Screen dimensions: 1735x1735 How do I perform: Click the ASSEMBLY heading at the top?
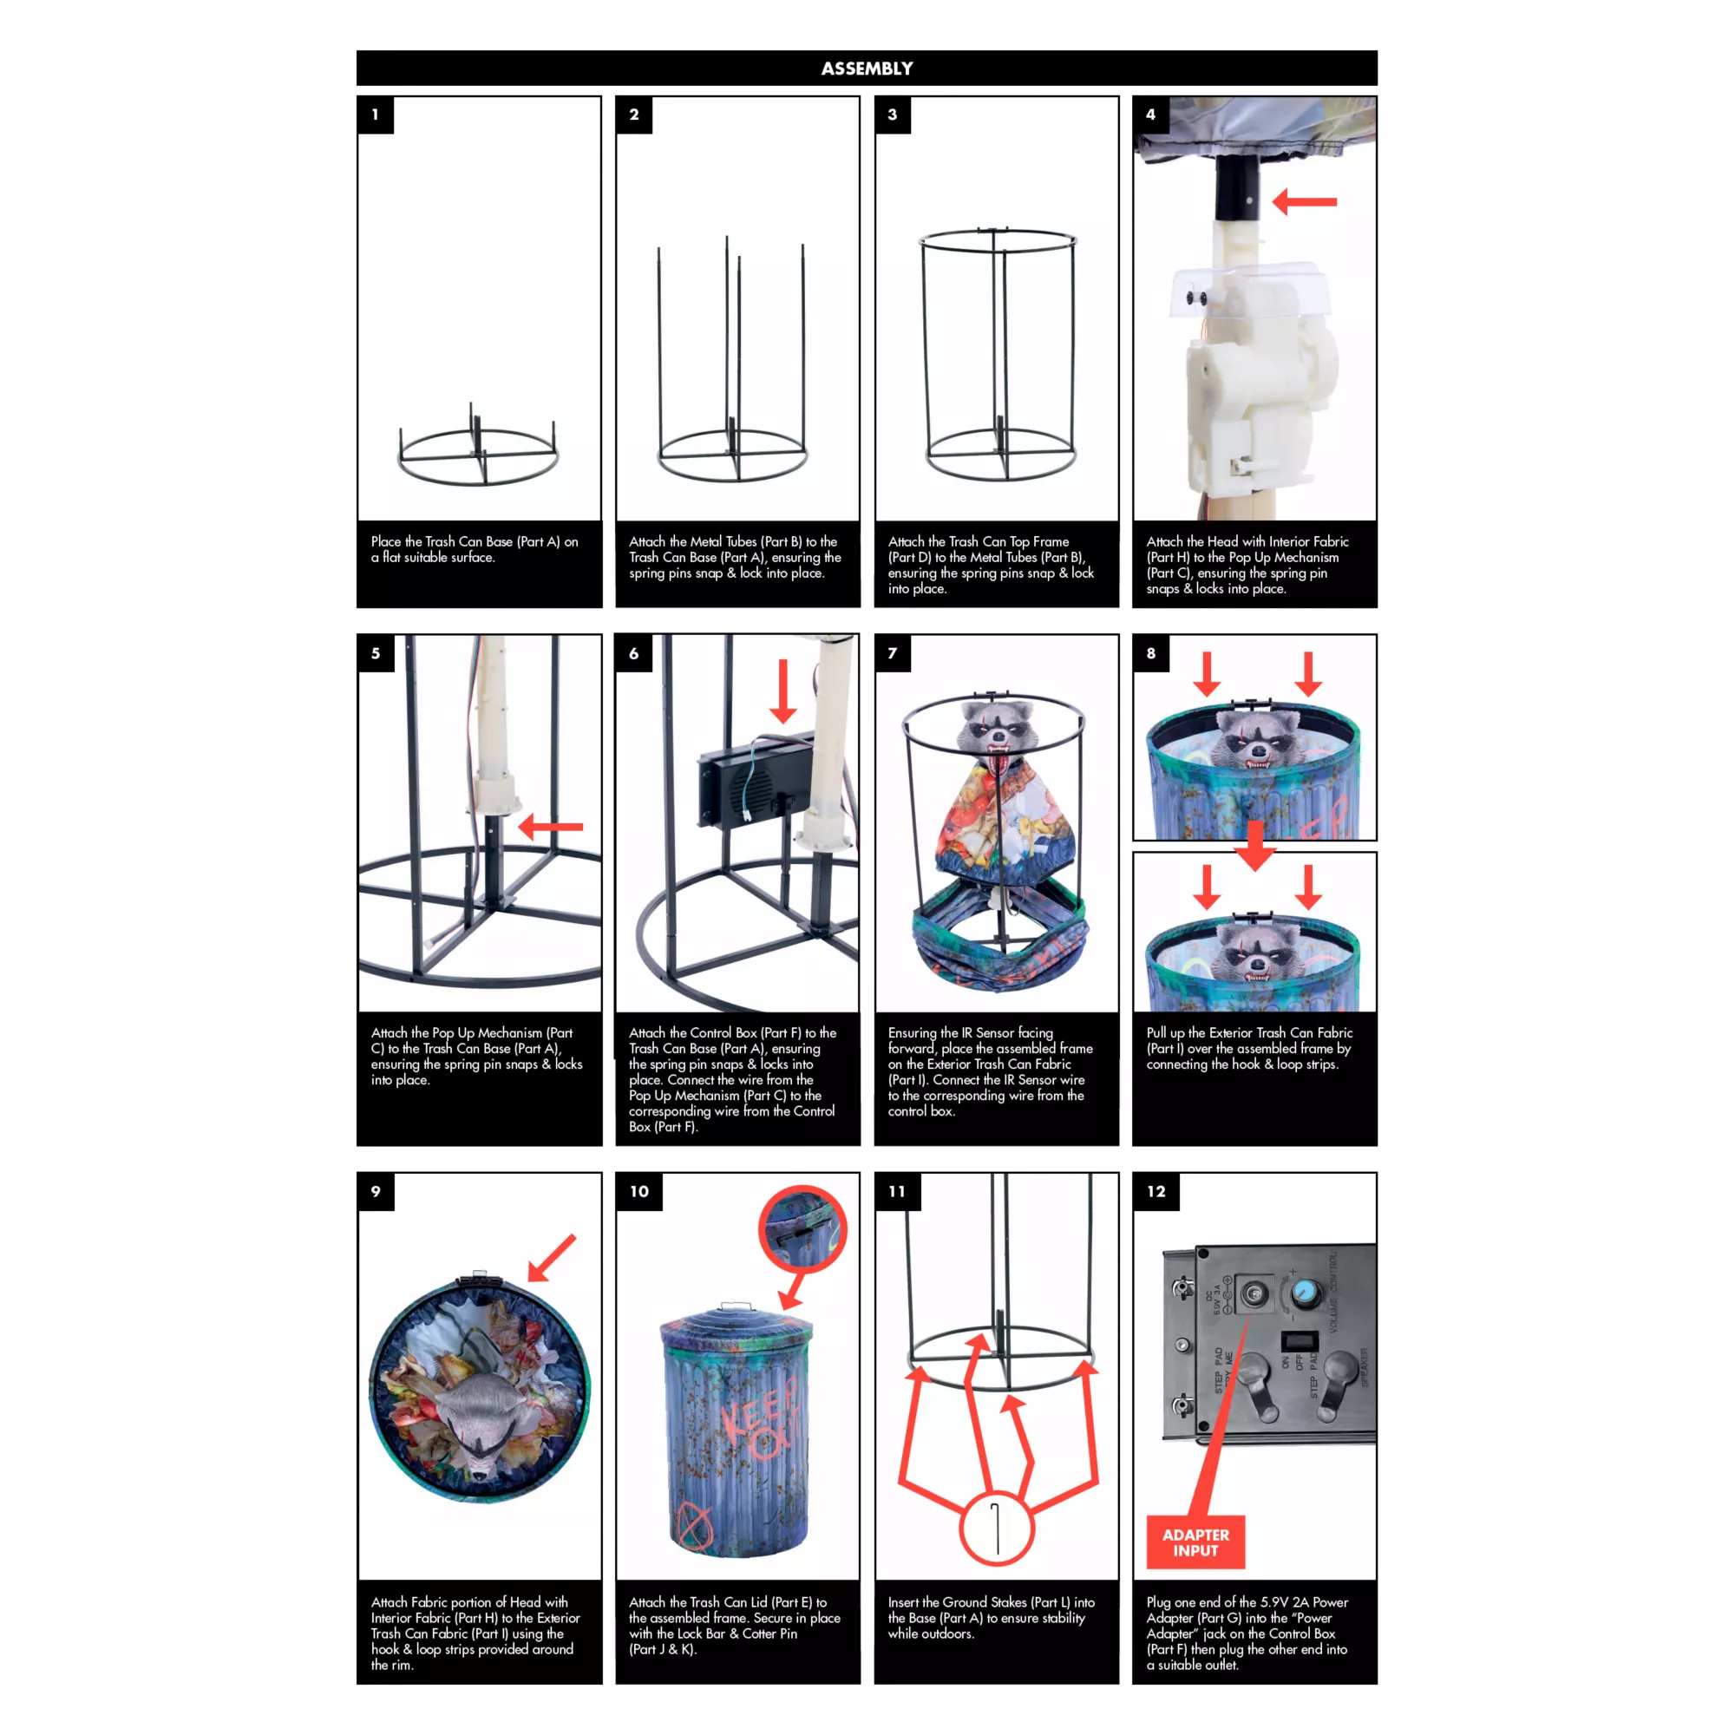(867, 69)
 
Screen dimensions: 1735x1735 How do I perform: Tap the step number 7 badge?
(893, 654)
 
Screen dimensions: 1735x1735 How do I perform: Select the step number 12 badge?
(1156, 1192)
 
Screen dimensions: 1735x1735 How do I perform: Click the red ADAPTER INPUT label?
(1195, 1542)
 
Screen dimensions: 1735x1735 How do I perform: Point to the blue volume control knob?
(1305, 1293)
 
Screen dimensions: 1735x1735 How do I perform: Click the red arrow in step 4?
(1305, 202)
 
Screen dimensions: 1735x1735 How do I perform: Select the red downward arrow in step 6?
(783, 691)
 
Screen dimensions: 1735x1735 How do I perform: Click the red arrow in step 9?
(552, 1257)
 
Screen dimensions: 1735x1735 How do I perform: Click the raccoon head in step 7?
(997, 730)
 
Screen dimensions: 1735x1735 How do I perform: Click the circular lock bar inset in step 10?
(802, 1229)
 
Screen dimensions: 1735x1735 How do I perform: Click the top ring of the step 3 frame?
(998, 240)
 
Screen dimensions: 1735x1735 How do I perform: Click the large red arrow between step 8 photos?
(1255, 845)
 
